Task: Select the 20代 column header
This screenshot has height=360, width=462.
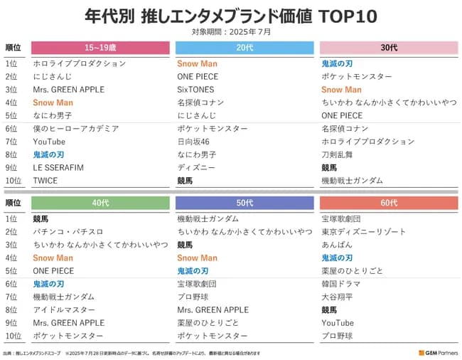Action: click(x=245, y=48)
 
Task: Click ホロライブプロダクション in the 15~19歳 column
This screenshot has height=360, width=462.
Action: click(x=79, y=63)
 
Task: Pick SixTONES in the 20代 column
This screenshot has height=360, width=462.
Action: click(x=195, y=90)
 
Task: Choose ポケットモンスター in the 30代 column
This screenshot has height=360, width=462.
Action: click(x=356, y=77)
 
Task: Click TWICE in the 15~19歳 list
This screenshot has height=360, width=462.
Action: click(x=45, y=181)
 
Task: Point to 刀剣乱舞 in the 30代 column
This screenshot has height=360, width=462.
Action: click(x=338, y=154)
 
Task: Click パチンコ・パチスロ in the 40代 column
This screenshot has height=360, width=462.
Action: click(x=68, y=232)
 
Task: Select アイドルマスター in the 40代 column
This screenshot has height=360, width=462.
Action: click(x=63, y=310)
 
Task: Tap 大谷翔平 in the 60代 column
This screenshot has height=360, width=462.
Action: click(x=338, y=297)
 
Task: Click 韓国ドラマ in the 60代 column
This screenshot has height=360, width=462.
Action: click(x=340, y=284)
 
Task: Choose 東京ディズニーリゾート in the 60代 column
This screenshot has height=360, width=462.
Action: click(x=363, y=232)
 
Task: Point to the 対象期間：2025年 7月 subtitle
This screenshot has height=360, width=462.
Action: click(x=231, y=31)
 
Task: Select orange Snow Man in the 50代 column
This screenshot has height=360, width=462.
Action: click(x=197, y=258)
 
